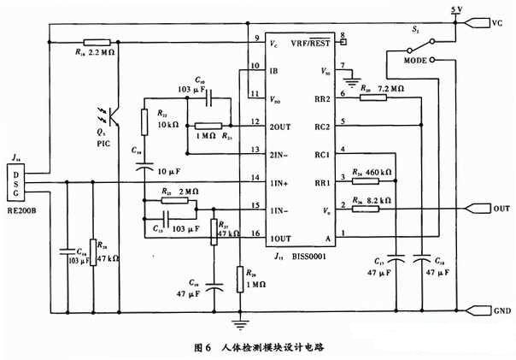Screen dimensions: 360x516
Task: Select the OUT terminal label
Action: click(x=501, y=208)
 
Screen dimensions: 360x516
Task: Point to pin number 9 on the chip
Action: click(x=256, y=39)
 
